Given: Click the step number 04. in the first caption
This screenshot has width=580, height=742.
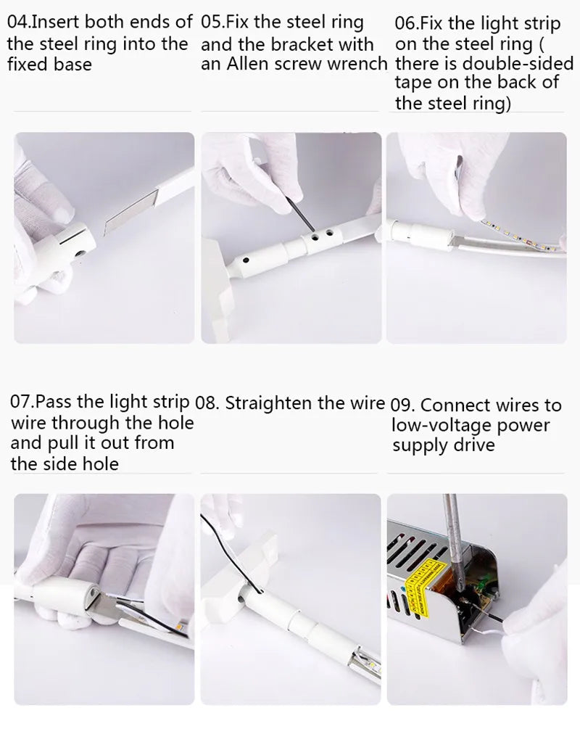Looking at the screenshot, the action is [18, 22].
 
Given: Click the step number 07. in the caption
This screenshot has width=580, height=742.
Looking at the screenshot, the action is [21, 402].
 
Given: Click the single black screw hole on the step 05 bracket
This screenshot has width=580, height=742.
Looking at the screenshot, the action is [246, 260].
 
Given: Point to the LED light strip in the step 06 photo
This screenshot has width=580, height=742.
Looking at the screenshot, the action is [521, 236].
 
